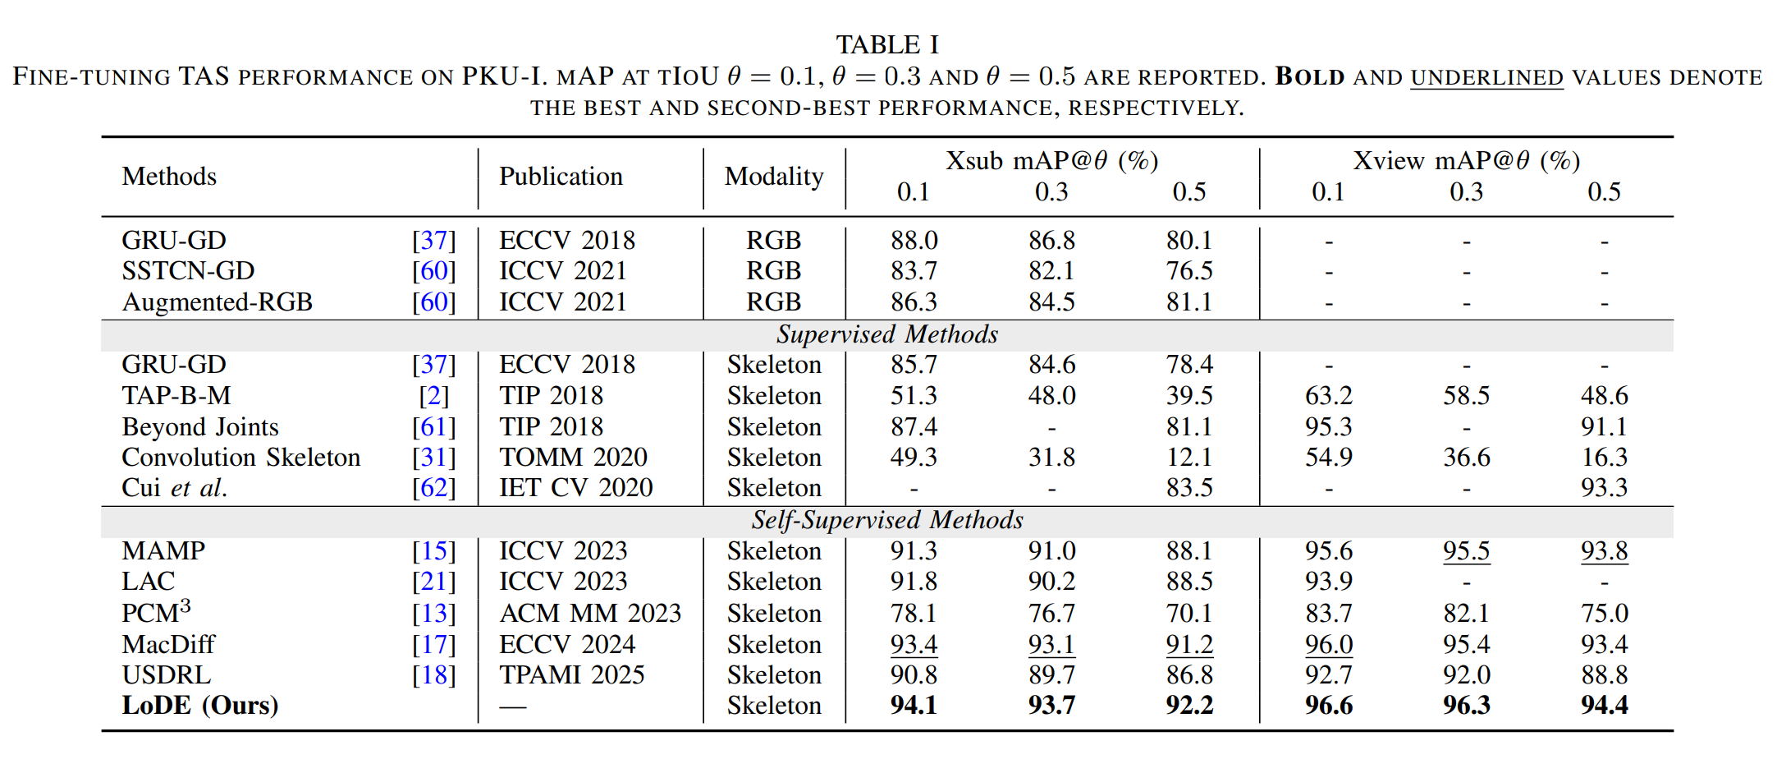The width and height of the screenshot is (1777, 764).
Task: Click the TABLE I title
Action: coord(887,44)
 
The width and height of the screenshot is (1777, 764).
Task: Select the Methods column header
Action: coord(169,177)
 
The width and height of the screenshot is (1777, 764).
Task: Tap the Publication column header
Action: coord(561,177)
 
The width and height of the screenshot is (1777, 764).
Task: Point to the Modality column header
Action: coord(774,177)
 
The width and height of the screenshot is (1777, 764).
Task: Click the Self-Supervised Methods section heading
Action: coord(887,520)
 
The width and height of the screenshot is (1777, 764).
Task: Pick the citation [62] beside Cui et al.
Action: coord(433,488)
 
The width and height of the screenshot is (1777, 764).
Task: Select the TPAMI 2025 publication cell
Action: coord(571,675)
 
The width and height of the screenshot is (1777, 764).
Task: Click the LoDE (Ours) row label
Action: coord(200,706)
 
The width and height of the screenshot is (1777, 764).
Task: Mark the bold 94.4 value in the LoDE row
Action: coord(1604,706)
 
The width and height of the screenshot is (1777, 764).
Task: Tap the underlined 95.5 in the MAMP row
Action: coord(1466,551)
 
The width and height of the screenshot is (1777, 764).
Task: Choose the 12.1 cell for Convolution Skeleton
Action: coord(1189,458)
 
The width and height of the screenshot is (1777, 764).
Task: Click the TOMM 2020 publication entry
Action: coord(573,458)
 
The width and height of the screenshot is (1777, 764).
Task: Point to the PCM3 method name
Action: coord(156,613)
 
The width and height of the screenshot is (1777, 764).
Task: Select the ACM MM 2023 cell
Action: coord(590,614)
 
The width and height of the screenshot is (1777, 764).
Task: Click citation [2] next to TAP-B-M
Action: coord(433,396)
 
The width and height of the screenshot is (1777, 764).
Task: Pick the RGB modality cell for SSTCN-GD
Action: coord(773,271)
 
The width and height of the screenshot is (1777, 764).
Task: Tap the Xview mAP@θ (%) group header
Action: coord(1466,161)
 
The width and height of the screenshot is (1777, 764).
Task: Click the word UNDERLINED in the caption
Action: coord(1486,78)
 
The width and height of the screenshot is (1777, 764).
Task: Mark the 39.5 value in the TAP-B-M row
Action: coord(1189,396)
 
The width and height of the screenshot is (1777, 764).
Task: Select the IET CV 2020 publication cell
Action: coord(575,488)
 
